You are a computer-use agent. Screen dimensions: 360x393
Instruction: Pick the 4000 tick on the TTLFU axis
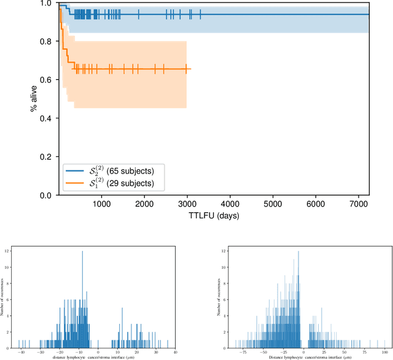[x=230, y=204]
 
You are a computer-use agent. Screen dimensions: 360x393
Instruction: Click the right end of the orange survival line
[x=190, y=69]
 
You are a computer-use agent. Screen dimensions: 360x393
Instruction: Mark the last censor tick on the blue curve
[x=200, y=14]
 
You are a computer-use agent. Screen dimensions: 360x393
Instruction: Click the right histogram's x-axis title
[x=300, y=357]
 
